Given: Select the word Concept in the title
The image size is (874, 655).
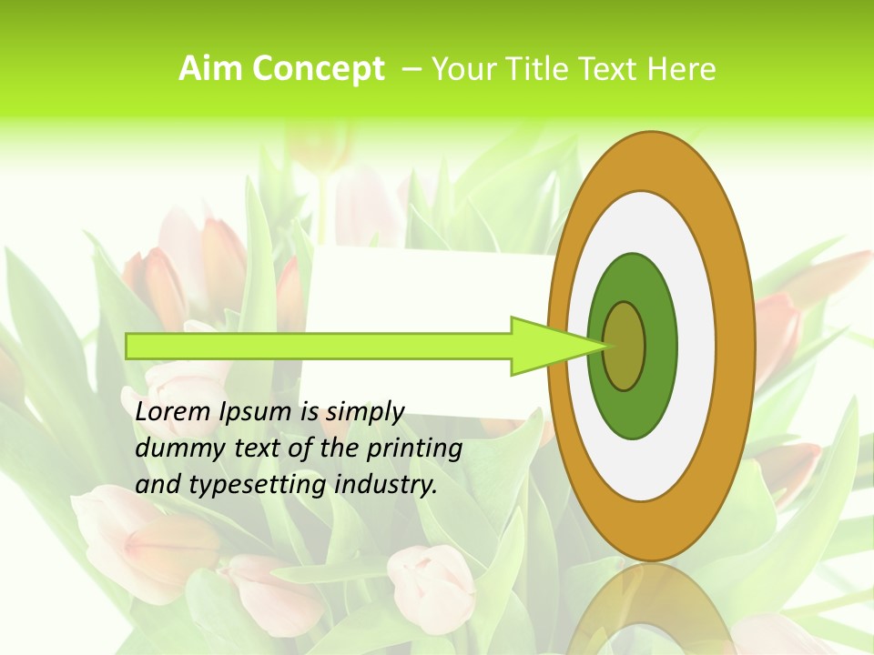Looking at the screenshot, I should tap(318, 69).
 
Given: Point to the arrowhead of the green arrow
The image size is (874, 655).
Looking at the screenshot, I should tap(555, 346).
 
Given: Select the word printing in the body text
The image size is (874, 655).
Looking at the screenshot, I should tap(415, 448).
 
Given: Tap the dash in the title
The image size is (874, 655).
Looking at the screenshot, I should tap(411, 69).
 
